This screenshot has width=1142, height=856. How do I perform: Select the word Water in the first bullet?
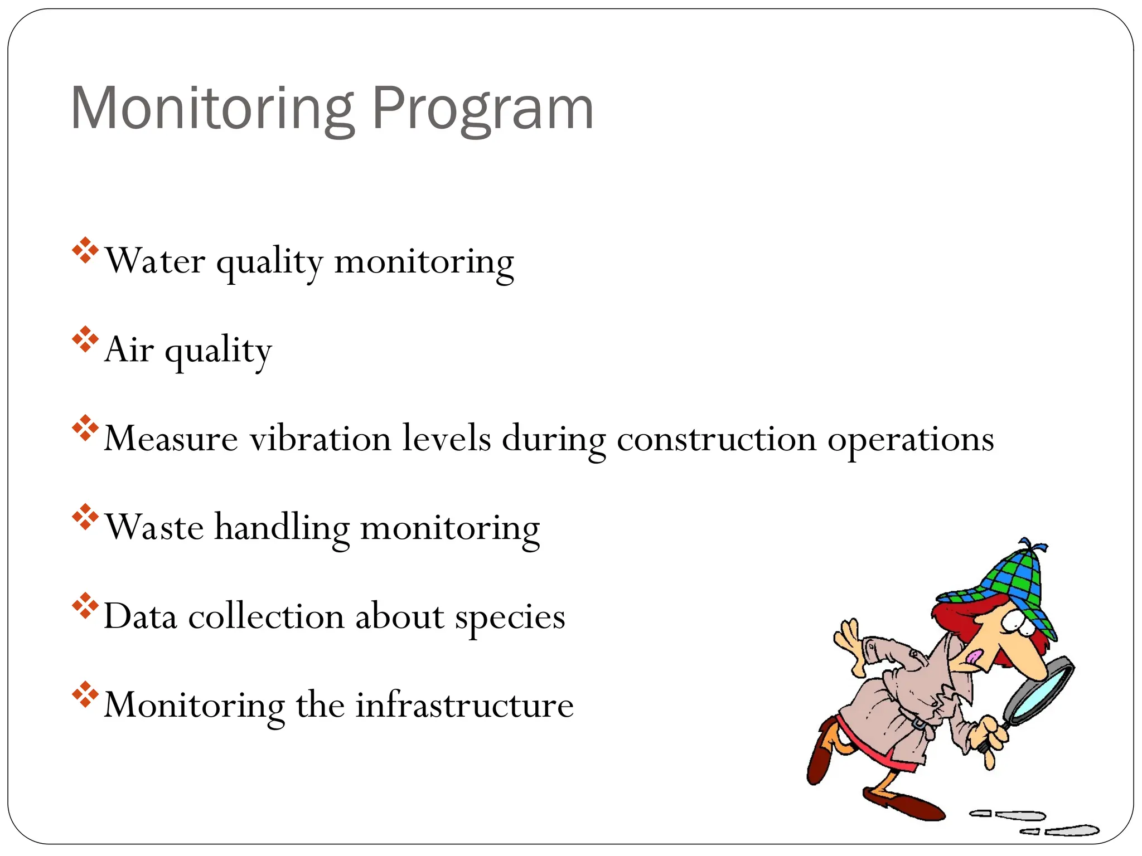click(155, 260)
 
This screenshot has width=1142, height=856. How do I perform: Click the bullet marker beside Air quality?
click(85, 339)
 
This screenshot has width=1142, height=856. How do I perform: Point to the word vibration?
click(320, 439)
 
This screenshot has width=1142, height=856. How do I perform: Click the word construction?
click(717, 439)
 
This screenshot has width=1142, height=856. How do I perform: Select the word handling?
click(282, 527)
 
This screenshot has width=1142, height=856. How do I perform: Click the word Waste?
click(154, 527)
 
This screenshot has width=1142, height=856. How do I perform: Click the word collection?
click(267, 616)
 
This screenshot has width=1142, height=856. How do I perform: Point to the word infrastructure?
click(464, 705)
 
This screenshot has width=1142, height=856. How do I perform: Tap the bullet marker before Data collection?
click(85, 606)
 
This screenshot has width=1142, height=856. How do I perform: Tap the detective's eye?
click(1013, 621)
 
